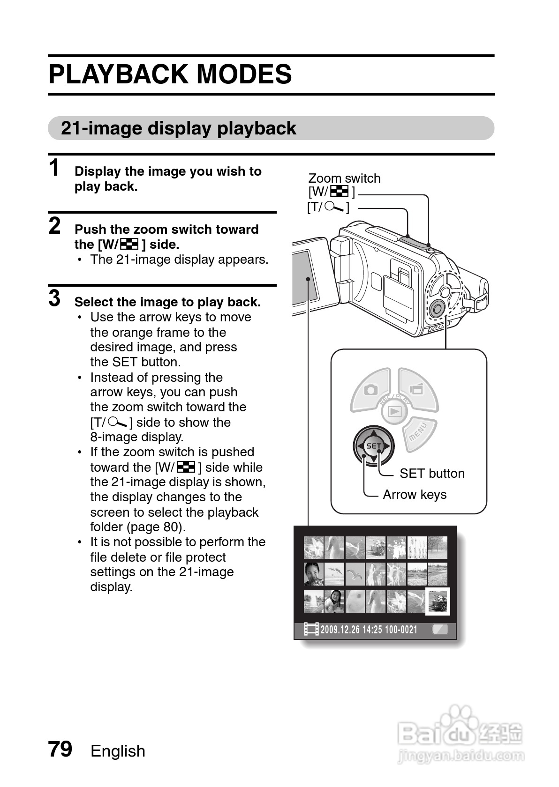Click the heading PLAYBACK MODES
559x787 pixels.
(170, 74)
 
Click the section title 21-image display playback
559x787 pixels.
(178, 128)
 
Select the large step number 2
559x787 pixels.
(55, 226)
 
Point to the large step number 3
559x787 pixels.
(55, 298)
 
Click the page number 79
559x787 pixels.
(60, 749)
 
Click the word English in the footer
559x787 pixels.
(118, 751)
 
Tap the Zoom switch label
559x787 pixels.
(344, 178)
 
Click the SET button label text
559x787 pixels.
(431, 473)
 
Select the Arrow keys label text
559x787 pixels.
(414, 494)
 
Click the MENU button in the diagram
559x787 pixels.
(419, 432)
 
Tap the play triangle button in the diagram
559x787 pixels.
(394, 412)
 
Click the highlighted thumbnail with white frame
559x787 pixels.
(437, 601)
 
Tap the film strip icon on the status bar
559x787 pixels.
(311, 629)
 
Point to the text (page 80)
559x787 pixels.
(156, 527)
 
